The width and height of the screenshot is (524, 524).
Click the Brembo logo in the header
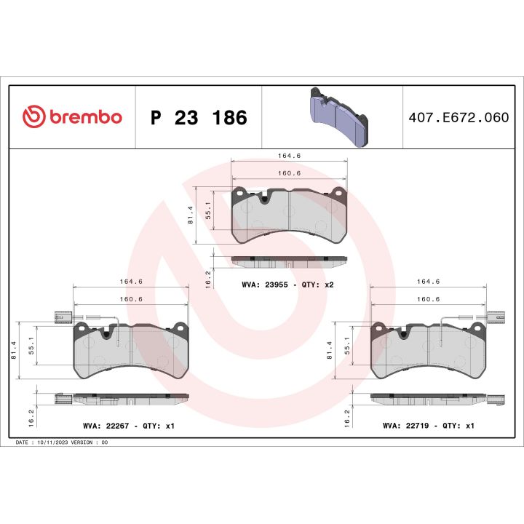coord(72,116)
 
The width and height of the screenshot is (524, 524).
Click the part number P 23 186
coord(198,117)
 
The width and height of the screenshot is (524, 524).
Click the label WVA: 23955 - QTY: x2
coord(287,285)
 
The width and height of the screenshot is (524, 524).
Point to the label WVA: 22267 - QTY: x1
coord(129,425)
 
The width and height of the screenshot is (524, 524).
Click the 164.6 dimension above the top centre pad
coord(289,154)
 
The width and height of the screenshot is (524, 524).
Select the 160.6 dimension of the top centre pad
coord(289,173)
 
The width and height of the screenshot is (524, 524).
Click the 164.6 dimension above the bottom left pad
coord(131,282)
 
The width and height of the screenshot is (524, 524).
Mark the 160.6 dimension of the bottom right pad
coord(428,298)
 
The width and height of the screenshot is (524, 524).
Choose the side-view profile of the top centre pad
coord(289,261)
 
